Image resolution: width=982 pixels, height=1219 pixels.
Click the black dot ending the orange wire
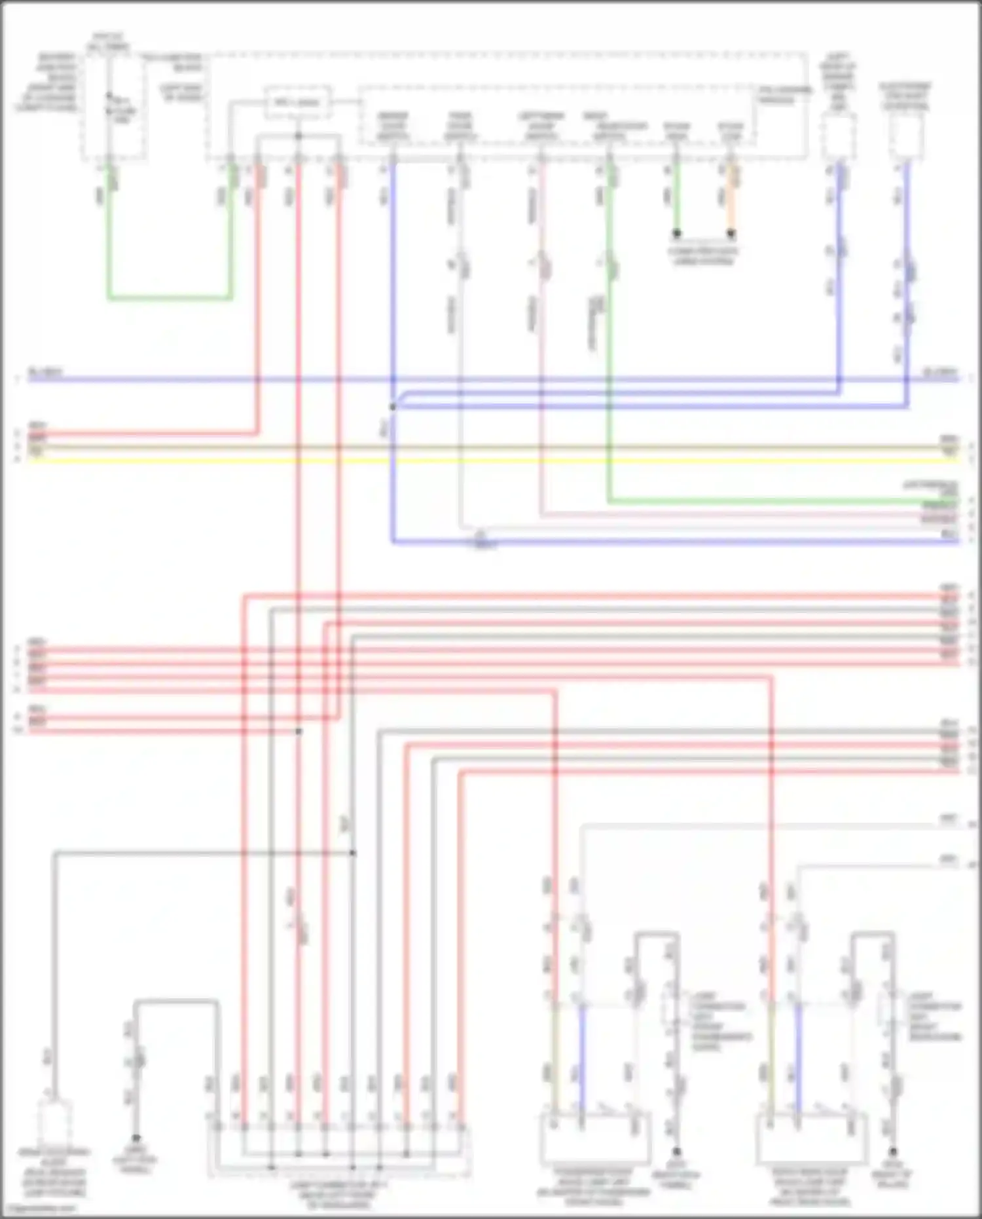coord(731,233)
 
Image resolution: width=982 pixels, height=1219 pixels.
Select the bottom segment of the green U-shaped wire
coord(170,299)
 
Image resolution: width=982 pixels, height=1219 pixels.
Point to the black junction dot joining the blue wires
coord(393,407)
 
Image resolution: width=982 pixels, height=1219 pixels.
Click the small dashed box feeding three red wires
coord(298,103)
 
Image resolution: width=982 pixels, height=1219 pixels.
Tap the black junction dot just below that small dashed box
coord(298,136)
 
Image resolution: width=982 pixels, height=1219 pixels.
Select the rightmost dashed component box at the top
coord(906,136)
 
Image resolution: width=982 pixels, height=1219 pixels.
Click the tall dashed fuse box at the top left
coord(113,105)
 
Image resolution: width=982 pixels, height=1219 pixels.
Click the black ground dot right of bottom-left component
coord(136,1138)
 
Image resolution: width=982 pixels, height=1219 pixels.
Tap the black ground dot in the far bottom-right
coord(892,1152)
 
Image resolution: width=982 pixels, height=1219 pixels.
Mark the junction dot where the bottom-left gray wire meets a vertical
coord(352,853)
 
